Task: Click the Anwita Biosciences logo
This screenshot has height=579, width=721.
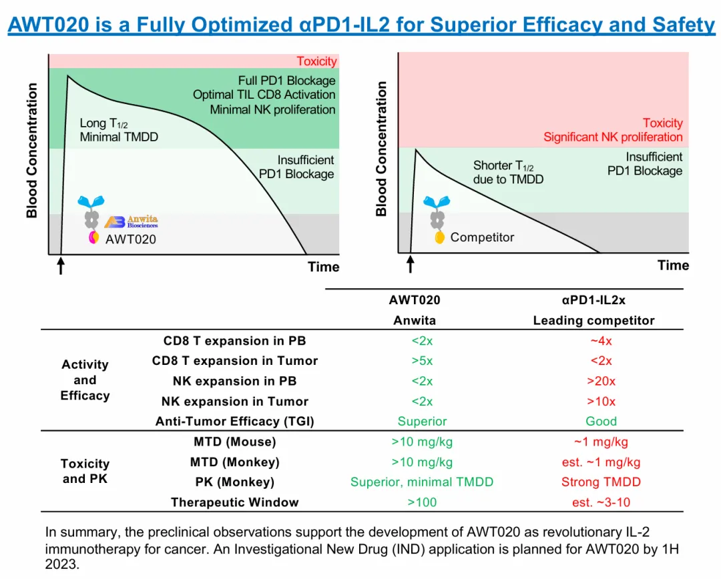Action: click(132, 221)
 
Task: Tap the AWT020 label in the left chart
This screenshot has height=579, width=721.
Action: click(131, 239)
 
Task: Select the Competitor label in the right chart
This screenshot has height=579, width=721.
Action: click(482, 237)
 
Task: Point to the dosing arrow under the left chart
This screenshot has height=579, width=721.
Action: click(61, 267)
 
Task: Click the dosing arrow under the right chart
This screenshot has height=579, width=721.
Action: click(411, 265)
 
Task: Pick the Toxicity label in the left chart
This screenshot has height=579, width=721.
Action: click(316, 61)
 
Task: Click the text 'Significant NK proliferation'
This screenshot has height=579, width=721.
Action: click(613, 137)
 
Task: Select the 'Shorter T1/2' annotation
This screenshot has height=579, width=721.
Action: click(503, 165)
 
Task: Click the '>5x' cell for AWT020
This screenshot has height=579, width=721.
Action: click(422, 361)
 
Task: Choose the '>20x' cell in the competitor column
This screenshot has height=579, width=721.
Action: click(601, 381)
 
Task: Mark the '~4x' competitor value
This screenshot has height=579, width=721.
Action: click(601, 341)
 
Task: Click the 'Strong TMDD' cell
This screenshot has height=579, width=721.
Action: click(601, 482)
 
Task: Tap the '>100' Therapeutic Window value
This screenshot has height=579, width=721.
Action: click(422, 502)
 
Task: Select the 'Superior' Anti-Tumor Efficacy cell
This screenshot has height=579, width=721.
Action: click(422, 421)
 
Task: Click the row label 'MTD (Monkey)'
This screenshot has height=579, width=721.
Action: click(234, 462)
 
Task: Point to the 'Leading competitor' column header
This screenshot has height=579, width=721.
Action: click(593, 320)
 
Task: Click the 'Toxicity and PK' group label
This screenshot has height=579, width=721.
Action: click(85, 471)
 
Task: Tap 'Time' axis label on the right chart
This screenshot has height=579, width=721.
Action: click(673, 265)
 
